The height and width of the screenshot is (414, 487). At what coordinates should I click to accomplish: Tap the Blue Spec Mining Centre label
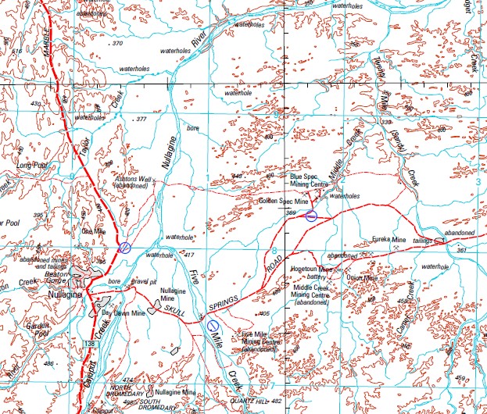(x=313, y=182)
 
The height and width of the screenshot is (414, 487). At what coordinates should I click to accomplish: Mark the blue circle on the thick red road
(x=124, y=248)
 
